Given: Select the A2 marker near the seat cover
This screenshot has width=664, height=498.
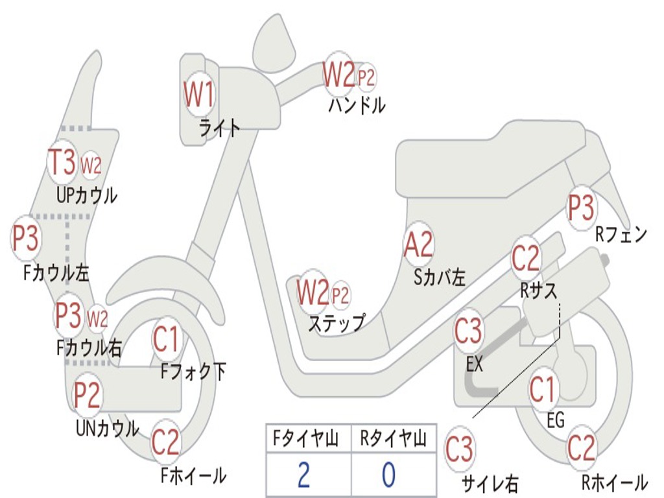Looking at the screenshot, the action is click(x=418, y=245).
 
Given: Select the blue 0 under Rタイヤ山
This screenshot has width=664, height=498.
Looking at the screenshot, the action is click(x=388, y=475).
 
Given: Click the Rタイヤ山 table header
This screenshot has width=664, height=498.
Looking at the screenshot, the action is click(x=393, y=440).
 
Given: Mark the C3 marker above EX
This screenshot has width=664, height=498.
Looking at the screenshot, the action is click(x=468, y=331).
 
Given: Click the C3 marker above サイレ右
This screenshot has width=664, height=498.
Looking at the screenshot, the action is click(x=459, y=449).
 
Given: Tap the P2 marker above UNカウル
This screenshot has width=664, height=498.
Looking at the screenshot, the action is click(x=87, y=395).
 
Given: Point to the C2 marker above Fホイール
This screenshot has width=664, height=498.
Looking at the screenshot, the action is click(x=165, y=442).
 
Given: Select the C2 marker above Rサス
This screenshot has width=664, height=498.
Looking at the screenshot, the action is click(x=526, y=259).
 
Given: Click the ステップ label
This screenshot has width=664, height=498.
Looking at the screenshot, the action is click(x=336, y=323).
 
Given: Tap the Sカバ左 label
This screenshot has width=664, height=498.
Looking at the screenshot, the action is click(x=440, y=278).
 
